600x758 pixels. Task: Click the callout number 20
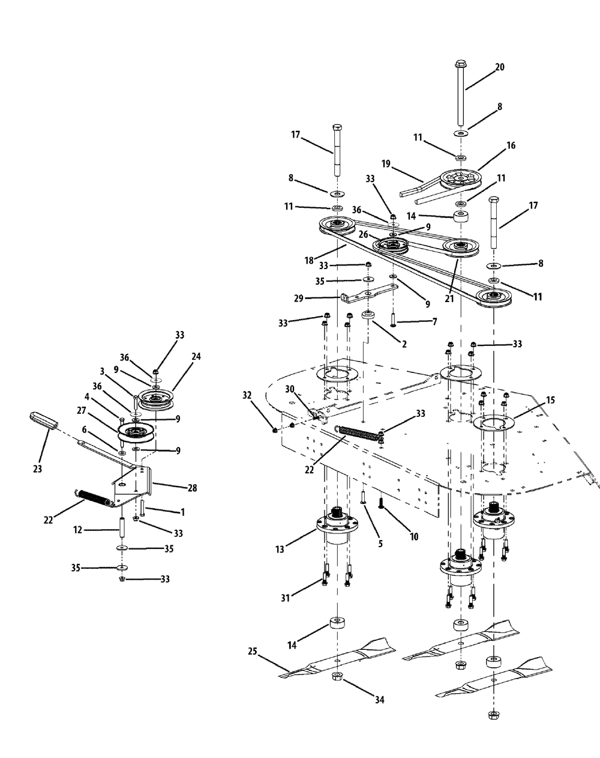(499, 67)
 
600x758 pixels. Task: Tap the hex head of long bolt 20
(460, 64)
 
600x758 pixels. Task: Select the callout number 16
(511, 145)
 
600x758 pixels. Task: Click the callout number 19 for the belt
(386, 164)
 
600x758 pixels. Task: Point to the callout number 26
(363, 234)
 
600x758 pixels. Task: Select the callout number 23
(37, 469)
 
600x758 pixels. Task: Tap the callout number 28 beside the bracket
(192, 488)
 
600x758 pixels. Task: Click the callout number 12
(78, 530)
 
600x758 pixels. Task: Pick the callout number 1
(182, 512)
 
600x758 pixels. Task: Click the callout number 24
(196, 356)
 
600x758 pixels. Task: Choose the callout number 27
(81, 411)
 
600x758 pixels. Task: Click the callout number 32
(247, 396)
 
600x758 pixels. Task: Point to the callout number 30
(290, 389)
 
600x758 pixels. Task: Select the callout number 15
(551, 400)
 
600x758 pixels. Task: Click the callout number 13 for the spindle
(280, 550)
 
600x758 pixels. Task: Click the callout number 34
(379, 700)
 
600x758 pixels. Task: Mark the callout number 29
(298, 299)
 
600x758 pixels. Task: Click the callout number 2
(404, 344)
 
